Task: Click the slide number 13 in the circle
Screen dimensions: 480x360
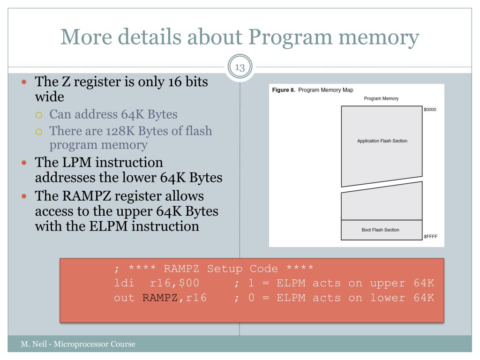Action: click(240, 67)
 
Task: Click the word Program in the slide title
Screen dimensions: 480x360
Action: click(290, 38)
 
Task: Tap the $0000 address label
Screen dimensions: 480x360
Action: click(430, 110)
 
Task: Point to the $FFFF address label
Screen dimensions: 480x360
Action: click(430, 236)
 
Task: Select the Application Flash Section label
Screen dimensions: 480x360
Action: click(382, 141)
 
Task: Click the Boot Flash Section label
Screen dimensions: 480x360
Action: click(380, 230)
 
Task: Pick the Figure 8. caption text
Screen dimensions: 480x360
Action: click(284, 90)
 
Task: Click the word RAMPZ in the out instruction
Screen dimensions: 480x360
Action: click(160, 298)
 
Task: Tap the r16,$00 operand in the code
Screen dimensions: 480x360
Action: click(174, 283)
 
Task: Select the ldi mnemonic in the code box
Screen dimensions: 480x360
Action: click(124, 283)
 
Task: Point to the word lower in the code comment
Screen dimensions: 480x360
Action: click(388, 298)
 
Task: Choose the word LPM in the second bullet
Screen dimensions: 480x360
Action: click(76, 162)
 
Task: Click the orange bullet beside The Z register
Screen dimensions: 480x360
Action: click(24, 82)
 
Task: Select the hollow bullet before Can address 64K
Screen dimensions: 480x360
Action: click(39, 115)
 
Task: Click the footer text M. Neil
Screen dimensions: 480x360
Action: click(34, 344)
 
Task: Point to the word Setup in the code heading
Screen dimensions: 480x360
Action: click(225, 269)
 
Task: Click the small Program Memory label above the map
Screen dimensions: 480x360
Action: click(381, 98)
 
